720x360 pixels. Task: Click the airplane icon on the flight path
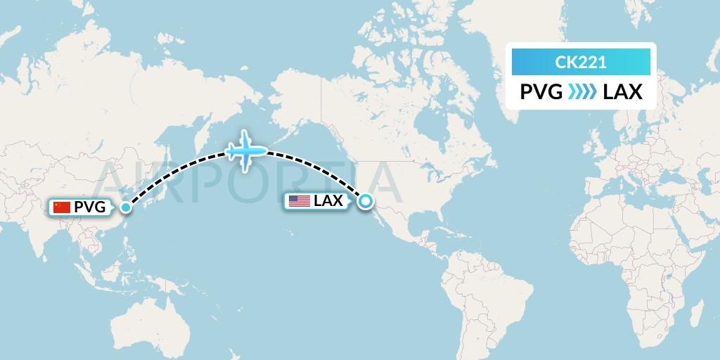tap(245, 150)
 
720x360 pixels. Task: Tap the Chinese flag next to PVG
tap(62, 207)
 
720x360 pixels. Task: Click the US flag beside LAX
tap(299, 201)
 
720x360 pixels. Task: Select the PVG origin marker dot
tap(126, 207)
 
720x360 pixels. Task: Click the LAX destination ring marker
tap(366, 202)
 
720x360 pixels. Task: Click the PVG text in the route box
tap(541, 92)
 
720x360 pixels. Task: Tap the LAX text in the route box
tap(622, 92)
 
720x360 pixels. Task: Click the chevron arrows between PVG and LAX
tap(582, 92)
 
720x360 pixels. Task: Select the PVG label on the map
tap(89, 207)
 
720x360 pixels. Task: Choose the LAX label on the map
tap(328, 201)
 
